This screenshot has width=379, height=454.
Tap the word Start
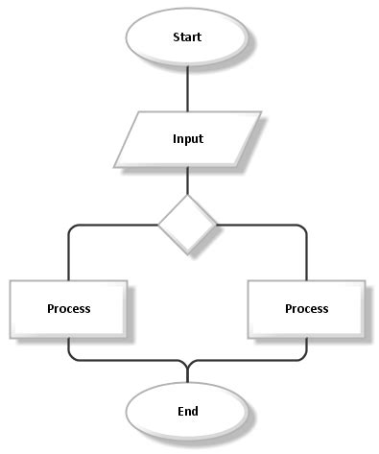pyautogui.click(x=187, y=38)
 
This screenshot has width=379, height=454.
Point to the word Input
pyautogui.click(x=187, y=138)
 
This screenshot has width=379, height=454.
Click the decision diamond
pyautogui.click(x=187, y=225)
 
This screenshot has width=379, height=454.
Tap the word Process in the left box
pyautogui.click(x=68, y=309)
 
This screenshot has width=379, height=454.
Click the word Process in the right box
pyautogui.click(x=306, y=309)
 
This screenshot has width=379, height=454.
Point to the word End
pyautogui.click(x=187, y=411)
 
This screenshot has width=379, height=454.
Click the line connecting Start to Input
pyautogui.click(x=187, y=87)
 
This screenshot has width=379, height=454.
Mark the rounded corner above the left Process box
pyautogui.click(x=71, y=227)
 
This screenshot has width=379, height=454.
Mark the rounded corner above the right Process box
pyautogui.click(x=303, y=227)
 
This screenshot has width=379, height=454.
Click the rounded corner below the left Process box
pyautogui.click(x=71, y=358)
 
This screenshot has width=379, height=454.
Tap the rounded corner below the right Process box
pyautogui.click(x=303, y=358)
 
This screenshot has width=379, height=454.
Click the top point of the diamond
pyautogui.click(x=187, y=196)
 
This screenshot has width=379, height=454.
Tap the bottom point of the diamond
pyautogui.click(x=187, y=254)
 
